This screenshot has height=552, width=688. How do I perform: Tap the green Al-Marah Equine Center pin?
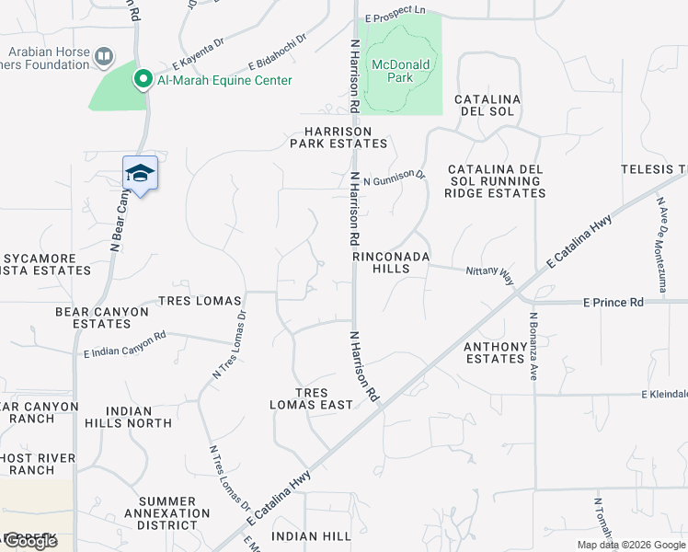(143, 80)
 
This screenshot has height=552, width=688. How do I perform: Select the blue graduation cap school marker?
(141, 173)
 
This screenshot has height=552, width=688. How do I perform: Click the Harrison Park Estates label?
(338, 137)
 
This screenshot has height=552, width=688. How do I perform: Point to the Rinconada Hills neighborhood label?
(392, 262)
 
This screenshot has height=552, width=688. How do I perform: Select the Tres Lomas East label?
(311, 398)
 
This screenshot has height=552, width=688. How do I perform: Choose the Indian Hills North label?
(140, 417)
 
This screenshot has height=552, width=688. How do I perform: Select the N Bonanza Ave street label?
(532, 346)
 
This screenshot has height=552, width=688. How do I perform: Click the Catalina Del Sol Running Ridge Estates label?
(496, 181)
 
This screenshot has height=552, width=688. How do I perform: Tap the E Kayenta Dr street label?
(200, 57)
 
